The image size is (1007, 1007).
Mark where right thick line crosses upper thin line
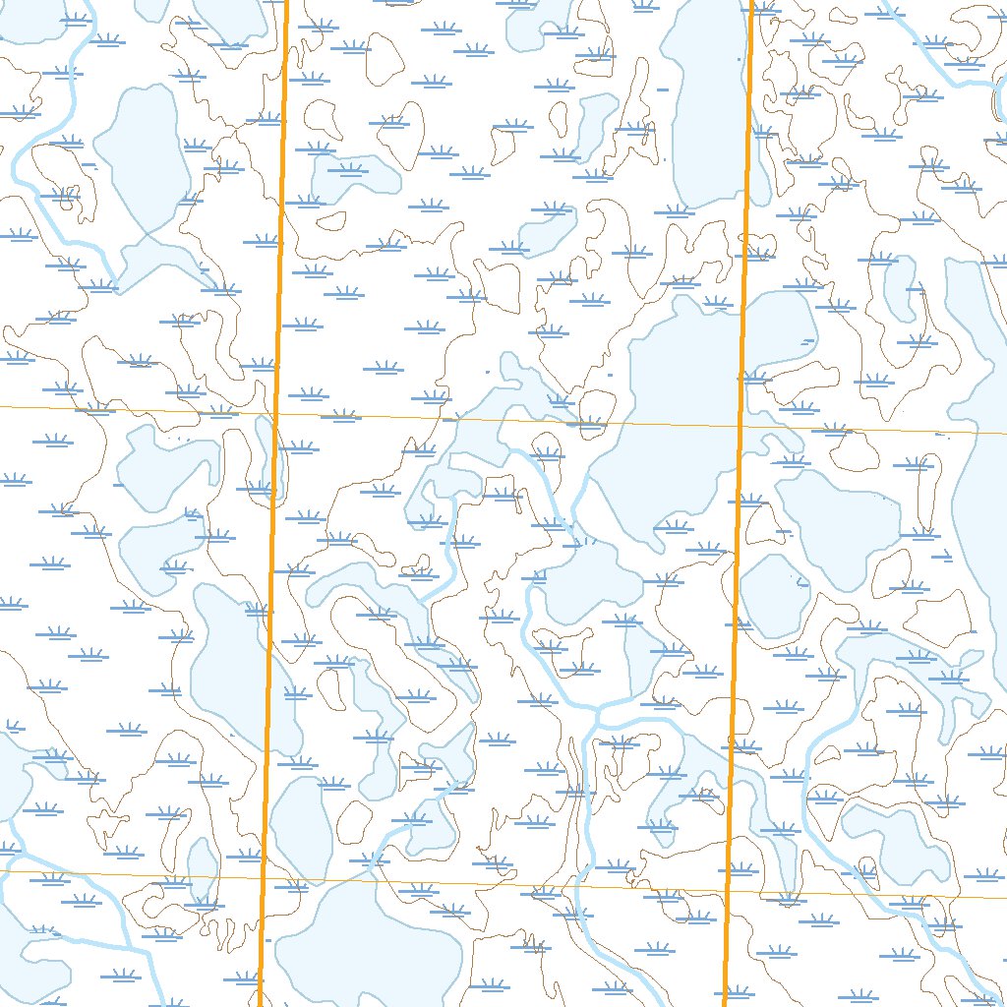point(740,426)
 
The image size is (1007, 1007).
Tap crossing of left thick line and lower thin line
point(263,875)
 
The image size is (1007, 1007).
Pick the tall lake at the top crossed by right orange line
point(706,98)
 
